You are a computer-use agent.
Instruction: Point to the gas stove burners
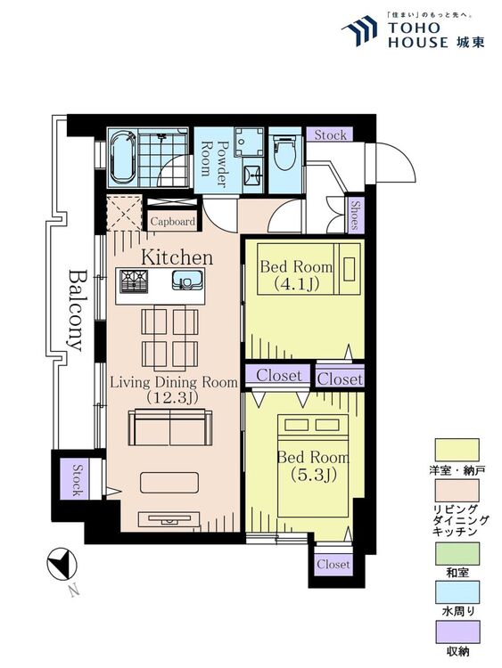click(134, 281)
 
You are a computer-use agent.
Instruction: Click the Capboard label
click(173, 222)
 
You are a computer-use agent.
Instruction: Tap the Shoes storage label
click(355, 216)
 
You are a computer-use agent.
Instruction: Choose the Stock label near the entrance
click(330, 135)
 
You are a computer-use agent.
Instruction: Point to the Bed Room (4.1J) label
click(296, 275)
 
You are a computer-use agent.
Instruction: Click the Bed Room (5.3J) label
click(314, 465)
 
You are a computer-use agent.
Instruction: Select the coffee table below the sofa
click(169, 482)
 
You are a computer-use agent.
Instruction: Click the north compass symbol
click(62, 563)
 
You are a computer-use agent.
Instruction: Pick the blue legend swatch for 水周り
click(457, 591)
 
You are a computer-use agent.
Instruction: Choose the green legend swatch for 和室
click(457, 553)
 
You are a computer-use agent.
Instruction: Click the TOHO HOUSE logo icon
click(359, 30)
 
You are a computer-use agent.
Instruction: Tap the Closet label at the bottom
click(333, 564)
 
